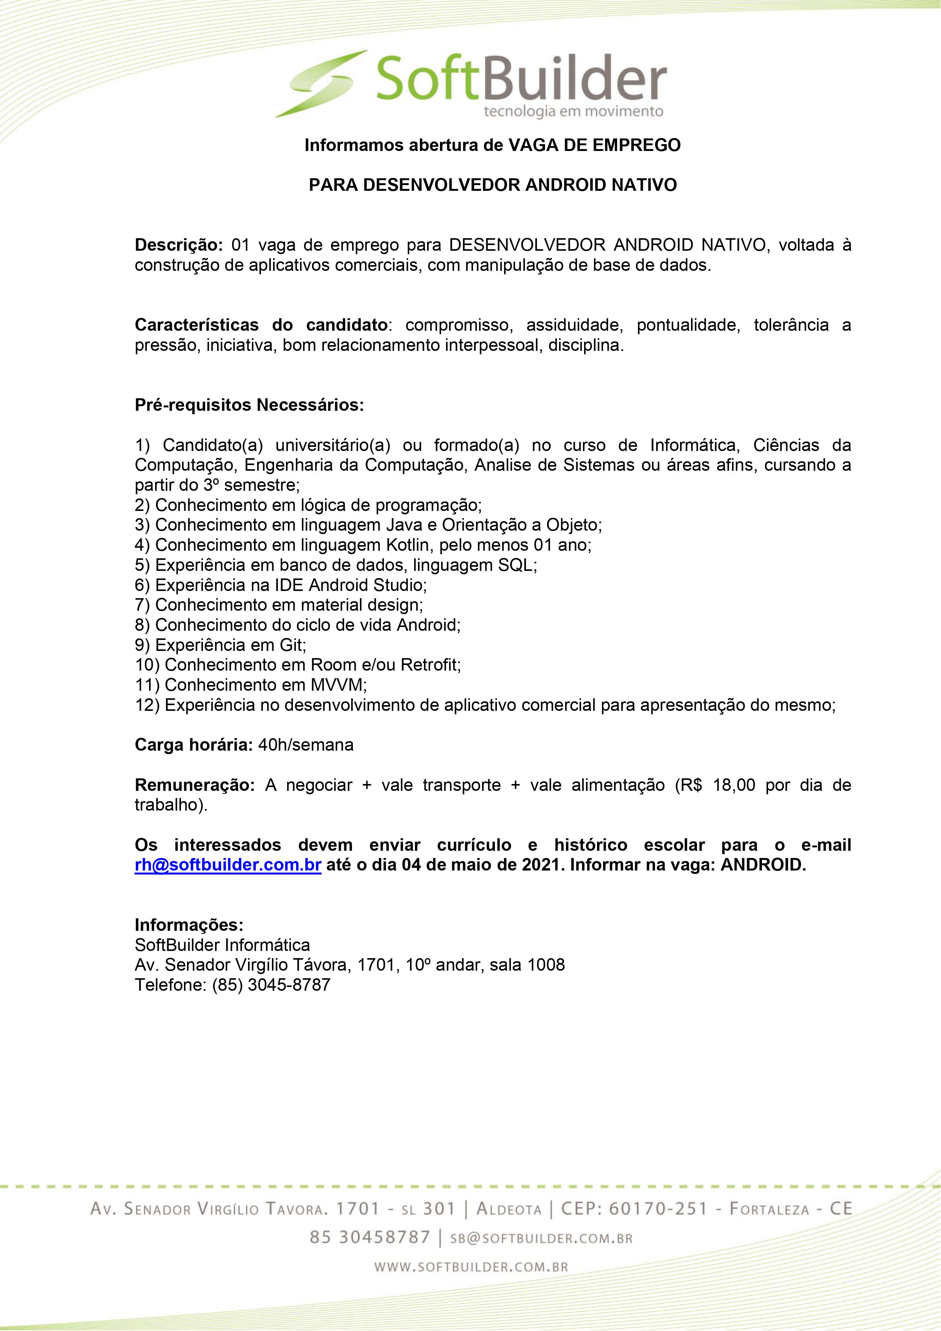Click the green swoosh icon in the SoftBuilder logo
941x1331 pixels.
tap(322, 83)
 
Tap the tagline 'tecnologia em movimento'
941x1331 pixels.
tap(573, 111)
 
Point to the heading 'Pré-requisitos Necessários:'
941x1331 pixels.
tap(249, 405)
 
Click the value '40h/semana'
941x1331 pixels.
tap(306, 745)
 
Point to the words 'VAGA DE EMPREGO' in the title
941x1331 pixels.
tap(594, 145)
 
